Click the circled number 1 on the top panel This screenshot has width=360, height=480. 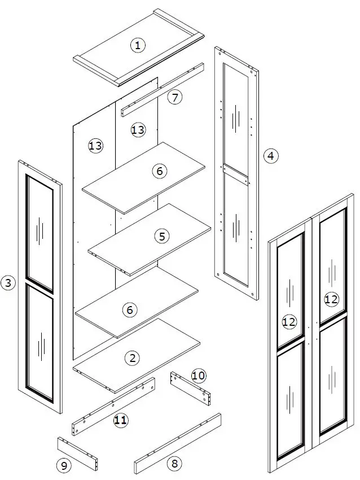click(x=137, y=46)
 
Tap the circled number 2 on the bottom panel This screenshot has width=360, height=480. click(x=132, y=357)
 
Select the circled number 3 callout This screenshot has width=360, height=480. click(x=8, y=282)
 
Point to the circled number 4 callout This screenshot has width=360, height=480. click(x=271, y=155)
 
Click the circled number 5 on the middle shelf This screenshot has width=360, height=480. click(x=162, y=237)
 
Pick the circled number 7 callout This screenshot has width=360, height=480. click(x=175, y=97)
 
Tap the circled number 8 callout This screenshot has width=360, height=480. click(x=174, y=464)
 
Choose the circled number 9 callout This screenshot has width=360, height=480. click(x=63, y=465)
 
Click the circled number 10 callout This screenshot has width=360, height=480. click(x=197, y=375)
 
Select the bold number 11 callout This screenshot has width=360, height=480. click(x=120, y=420)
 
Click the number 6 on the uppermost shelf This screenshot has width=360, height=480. click(x=160, y=170)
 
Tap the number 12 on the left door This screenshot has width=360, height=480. click(x=289, y=322)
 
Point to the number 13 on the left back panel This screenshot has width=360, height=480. click(x=96, y=146)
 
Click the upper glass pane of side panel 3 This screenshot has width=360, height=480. click(x=39, y=232)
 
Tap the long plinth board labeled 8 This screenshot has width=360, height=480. click(x=178, y=443)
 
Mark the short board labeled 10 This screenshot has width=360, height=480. click(x=190, y=387)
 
